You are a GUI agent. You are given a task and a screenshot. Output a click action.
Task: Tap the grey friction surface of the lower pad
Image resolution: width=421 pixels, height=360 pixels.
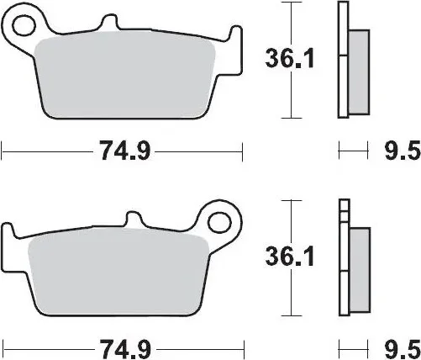pos(118,273)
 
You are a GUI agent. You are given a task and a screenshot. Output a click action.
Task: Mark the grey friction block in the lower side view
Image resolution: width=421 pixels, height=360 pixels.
pos(358,269)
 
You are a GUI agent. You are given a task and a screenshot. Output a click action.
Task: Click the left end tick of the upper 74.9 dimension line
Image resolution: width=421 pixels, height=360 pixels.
pos(3,151)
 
